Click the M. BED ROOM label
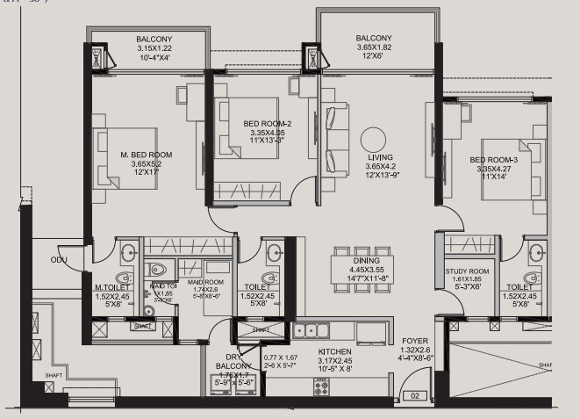(146, 155)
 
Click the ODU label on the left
(59, 260)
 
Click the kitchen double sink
(306, 331)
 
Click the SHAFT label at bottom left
(54, 375)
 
